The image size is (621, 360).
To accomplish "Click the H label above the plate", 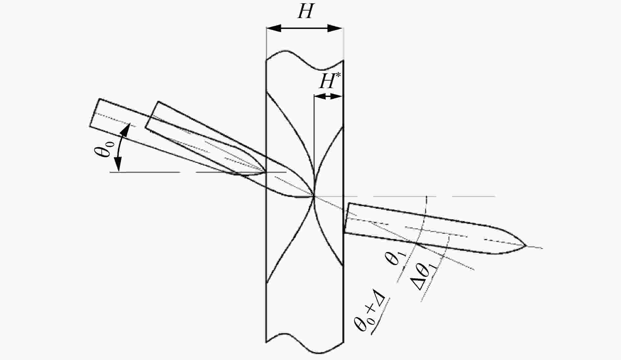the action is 305,12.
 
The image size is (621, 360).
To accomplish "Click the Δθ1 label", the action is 426,274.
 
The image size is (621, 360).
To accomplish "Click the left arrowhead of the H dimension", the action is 274,28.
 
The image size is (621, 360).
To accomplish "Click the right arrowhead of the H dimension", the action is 335,28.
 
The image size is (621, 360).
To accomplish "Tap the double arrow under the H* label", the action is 328,96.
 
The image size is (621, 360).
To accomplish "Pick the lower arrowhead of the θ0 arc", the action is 118,164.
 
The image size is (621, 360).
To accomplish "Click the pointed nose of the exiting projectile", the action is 526,246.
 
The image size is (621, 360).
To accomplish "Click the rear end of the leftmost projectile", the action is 94,112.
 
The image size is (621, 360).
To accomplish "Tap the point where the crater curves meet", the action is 314,196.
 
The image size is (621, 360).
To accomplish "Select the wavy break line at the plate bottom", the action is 305,344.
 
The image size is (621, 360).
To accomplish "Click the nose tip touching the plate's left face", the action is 265,172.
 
